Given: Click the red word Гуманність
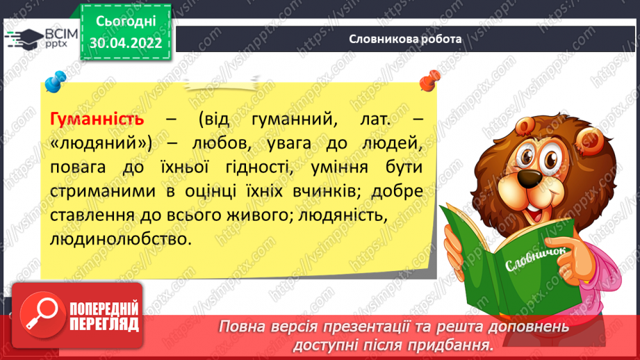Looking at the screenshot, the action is pyautogui.click(x=97, y=119).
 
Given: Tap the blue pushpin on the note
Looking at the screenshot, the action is pyautogui.click(x=56, y=81).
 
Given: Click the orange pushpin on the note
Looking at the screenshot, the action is pyautogui.click(x=430, y=81).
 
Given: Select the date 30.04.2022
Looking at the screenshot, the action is pyautogui.click(x=126, y=43).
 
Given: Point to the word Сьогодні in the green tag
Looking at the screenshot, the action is pyautogui.click(x=126, y=22).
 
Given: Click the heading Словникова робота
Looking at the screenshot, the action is pyautogui.click(x=405, y=39).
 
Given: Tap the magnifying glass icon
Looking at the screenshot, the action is pyautogui.click(x=42, y=315).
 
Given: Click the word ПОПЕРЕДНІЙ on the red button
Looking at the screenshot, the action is pyautogui.click(x=104, y=309).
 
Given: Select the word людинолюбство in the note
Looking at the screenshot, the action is pyautogui.click(x=121, y=239).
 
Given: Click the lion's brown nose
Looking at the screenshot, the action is pyautogui.click(x=530, y=177).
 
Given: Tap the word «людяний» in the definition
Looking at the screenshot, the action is pyautogui.click(x=101, y=143).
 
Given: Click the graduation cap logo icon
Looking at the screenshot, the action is pyautogui.click(x=24, y=39).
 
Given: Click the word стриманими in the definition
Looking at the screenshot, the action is pyautogui.click(x=103, y=191).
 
